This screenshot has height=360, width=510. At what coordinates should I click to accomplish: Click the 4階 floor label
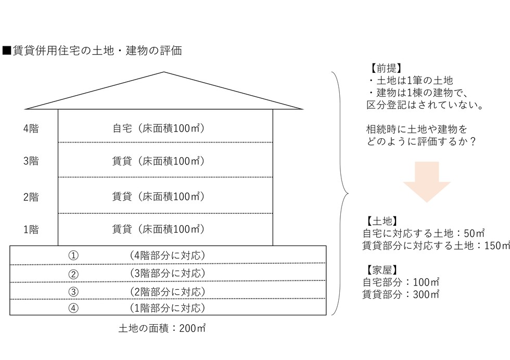coord(31,128)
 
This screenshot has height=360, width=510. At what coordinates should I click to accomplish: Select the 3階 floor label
coord(31,161)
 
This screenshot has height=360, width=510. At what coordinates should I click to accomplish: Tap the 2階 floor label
coord(31,197)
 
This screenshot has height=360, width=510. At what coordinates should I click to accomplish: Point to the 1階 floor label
coord(31,229)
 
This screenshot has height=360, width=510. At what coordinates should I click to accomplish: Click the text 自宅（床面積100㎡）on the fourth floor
coord(158,128)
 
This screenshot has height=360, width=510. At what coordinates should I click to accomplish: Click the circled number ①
coord(73,255)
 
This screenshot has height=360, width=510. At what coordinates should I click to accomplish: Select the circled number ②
coord(73,274)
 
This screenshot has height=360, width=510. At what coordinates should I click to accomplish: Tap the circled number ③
coord(73,292)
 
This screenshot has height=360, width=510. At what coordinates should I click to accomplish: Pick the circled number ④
coord(73,307)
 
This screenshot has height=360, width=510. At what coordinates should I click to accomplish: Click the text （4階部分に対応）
coord(167,255)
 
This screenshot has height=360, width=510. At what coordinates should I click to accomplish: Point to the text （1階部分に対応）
coord(167,307)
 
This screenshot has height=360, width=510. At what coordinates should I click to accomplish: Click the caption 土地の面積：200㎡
coord(162,328)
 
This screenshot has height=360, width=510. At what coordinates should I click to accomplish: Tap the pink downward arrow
coord(427,182)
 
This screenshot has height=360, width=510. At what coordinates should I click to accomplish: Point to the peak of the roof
coord(164,72)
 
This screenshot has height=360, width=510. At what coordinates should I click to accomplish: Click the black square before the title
coord(6,50)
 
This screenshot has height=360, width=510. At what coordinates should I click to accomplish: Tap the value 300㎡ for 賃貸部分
coord(426,294)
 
